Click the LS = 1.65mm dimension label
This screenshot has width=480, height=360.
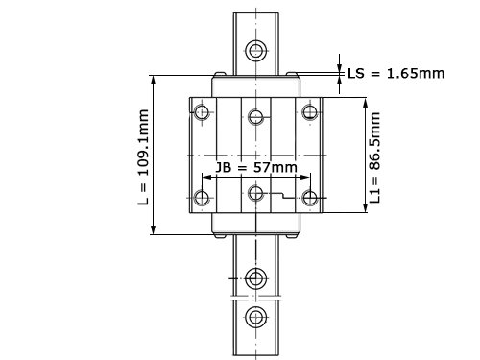point(396,74)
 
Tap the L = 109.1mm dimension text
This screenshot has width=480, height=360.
point(144,157)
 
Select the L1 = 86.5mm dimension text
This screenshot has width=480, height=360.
point(374,157)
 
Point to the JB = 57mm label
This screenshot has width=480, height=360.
point(256,167)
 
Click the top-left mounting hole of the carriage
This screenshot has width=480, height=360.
point(202,112)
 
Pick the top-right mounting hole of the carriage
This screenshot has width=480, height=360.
point(310,112)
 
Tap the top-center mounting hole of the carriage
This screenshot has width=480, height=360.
point(256,116)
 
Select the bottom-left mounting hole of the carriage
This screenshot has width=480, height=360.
point(202,198)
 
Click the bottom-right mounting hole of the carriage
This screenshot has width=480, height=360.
point(310,198)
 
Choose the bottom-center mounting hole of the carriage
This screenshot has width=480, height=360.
point(256,193)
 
